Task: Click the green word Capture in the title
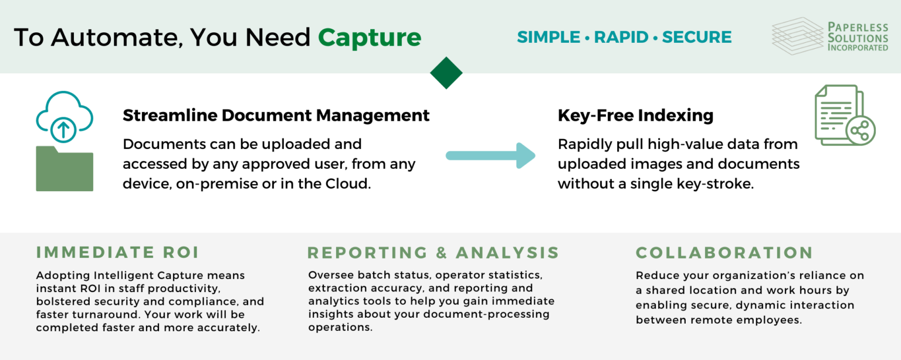click(x=370, y=38)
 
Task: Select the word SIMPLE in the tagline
click(x=548, y=38)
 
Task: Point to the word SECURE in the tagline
click(x=696, y=38)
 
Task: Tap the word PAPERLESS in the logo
click(x=858, y=26)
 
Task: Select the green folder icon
click(x=65, y=169)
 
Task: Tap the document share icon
click(x=844, y=116)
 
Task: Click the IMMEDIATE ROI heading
click(x=117, y=253)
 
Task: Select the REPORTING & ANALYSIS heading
click(x=433, y=253)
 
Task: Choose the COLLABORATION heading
click(x=724, y=253)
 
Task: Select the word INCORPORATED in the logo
click(x=858, y=47)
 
